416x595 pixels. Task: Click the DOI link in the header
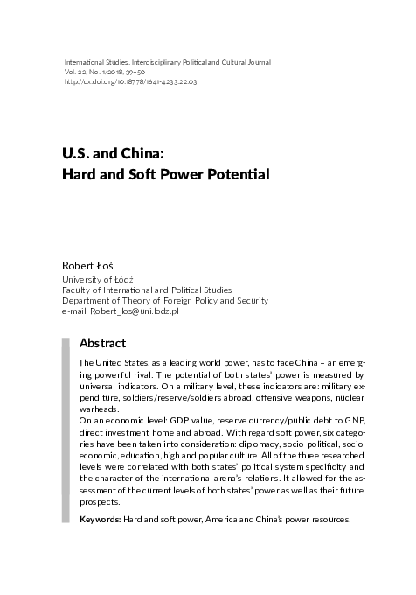(131, 82)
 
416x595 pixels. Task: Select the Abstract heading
(102, 343)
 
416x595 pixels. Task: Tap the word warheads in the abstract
(99, 409)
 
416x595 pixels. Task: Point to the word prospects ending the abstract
(101, 502)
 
